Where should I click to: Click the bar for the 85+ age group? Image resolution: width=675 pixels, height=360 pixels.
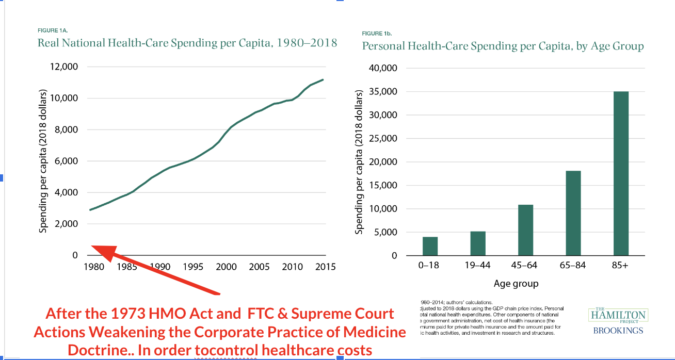621,173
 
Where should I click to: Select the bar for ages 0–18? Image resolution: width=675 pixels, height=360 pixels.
430,246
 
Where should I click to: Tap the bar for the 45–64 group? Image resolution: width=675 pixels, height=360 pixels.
525,230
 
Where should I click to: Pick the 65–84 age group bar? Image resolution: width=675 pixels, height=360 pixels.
573,213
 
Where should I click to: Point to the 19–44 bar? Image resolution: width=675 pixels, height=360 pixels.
478,243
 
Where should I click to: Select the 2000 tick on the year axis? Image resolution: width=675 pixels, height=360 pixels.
227,267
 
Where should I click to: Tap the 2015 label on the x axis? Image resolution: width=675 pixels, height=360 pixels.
326,267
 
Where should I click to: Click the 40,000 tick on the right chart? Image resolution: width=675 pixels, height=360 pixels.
383,68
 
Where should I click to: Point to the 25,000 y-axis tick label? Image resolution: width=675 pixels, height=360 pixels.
383,138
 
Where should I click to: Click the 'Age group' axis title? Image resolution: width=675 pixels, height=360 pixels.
516,284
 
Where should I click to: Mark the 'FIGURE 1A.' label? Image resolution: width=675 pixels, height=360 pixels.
53,30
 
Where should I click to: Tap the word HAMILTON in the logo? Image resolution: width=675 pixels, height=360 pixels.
618,314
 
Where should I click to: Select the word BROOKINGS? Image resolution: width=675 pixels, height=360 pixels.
618,331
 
